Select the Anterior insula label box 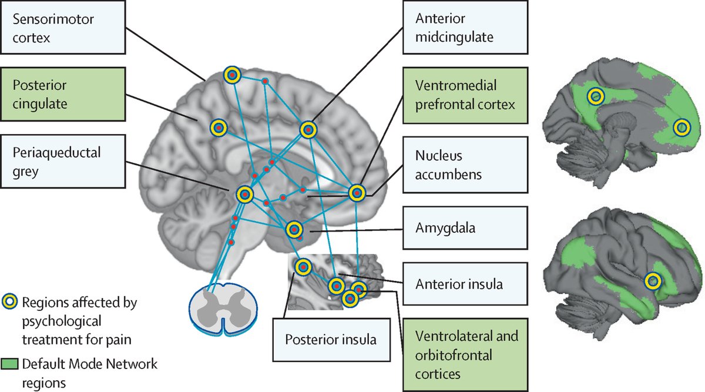pos(461,283)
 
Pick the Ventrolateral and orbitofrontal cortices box pos(461,355)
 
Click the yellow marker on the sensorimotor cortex pos(232,75)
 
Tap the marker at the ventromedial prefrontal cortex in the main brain pos(357,193)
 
